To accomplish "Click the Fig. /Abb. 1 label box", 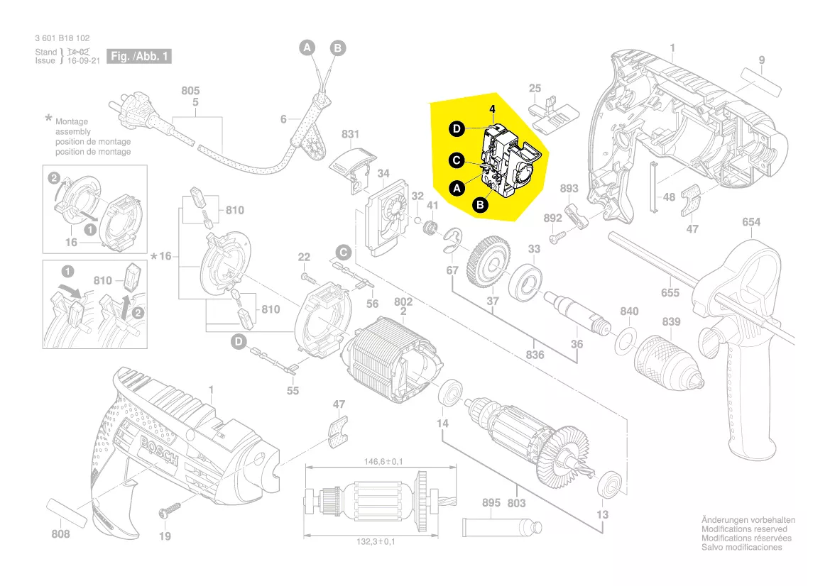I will (x=139, y=56).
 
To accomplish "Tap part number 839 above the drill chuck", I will (x=671, y=322).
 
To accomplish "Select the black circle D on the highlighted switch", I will (x=458, y=128).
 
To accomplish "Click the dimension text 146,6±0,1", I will (x=378, y=462).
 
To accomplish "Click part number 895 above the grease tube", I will (x=491, y=503).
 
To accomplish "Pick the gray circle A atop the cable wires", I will (x=307, y=48).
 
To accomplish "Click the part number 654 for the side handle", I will (x=751, y=222).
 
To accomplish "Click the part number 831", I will (x=351, y=133).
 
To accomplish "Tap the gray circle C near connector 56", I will (x=343, y=252).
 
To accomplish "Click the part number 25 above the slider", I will (x=535, y=89).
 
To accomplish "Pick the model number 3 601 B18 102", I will (x=62, y=38).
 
